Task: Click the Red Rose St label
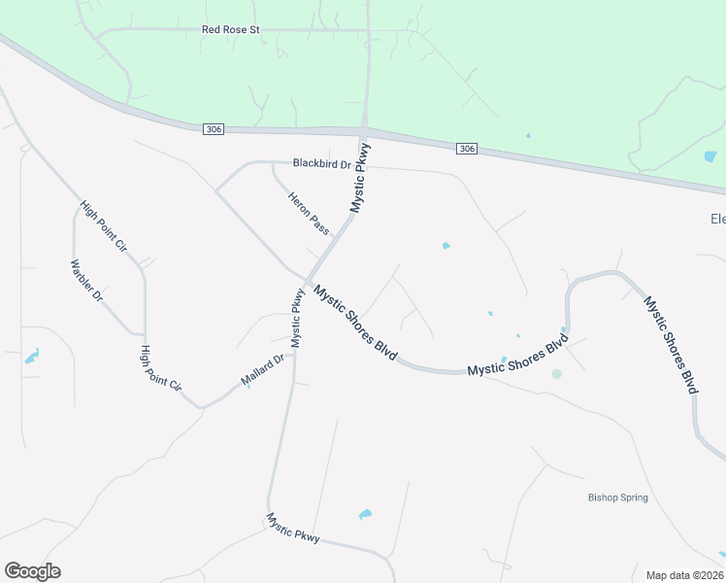pos(231,30)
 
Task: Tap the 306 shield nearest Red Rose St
pos(214,128)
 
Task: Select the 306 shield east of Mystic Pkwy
pos(467,148)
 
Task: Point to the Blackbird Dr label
pos(321,164)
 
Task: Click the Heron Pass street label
pos(309,213)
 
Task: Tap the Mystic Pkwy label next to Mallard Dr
pos(297,319)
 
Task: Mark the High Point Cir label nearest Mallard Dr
pos(161,368)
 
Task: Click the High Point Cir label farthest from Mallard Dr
pos(104,225)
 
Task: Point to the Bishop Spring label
pos(617,497)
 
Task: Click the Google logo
pos(32,571)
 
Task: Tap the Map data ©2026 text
pos(685,574)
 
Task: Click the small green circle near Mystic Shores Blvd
pos(556,373)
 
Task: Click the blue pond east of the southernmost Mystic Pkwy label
pos(365,514)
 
